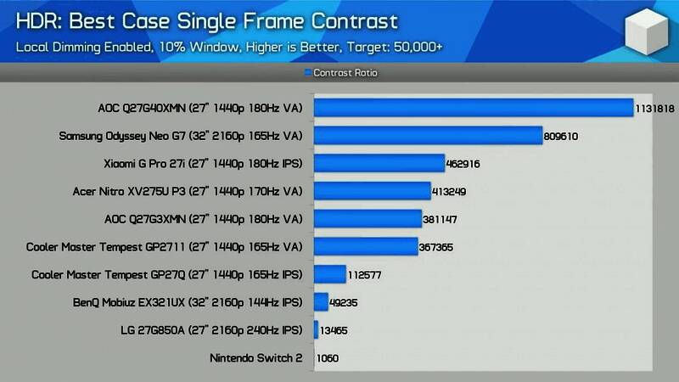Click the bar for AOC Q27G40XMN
click(474, 108)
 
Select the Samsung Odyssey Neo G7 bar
click(428, 136)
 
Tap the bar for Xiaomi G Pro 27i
click(379, 164)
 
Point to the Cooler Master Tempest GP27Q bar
click(330, 274)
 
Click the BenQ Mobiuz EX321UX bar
click(321, 302)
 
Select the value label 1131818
click(655, 108)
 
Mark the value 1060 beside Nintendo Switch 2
click(328, 358)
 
